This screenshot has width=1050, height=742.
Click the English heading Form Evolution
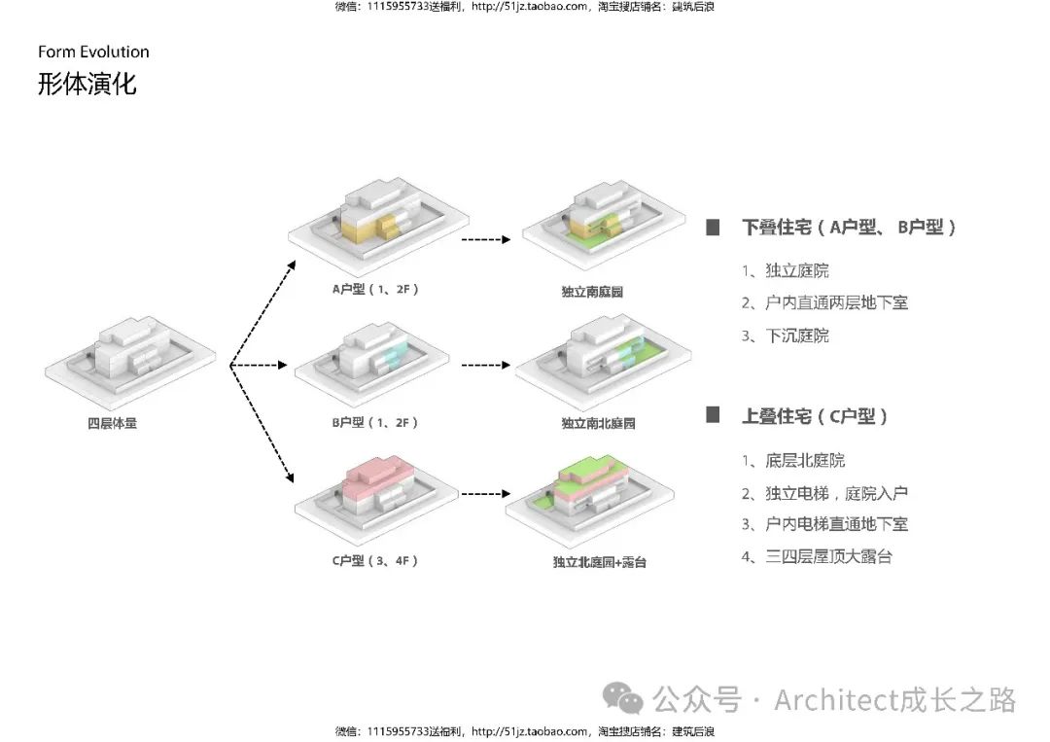(x=93, y=53)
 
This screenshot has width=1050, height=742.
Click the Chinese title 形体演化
(x=87, y=84)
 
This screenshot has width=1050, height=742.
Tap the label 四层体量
(x=112, y=423)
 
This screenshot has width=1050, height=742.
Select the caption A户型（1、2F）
(x=374, y=289)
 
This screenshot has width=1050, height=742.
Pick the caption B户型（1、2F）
(x=374, y=422)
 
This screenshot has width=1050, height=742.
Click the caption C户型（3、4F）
(x=374, y=561)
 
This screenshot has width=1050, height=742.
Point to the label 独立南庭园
(x=592, y=292)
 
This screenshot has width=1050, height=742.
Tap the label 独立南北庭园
(x=598, y=424)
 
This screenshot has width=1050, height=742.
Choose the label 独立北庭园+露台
(x=599, y=562)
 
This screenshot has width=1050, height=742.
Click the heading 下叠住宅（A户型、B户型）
(x=850, y=228)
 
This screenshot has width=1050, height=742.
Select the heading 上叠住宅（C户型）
(x=815, y=416)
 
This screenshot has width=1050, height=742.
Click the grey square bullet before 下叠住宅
(x=713, y=228)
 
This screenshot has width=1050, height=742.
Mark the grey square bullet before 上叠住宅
(x=713, y=415)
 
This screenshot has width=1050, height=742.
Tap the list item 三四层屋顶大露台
(x=828, y=556)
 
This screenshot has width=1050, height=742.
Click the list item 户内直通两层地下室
(x=836, y=303)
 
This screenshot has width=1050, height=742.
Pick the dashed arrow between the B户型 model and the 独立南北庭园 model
(x=486, y=366)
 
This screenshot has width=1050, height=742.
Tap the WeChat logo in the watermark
(x=622, y=698)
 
